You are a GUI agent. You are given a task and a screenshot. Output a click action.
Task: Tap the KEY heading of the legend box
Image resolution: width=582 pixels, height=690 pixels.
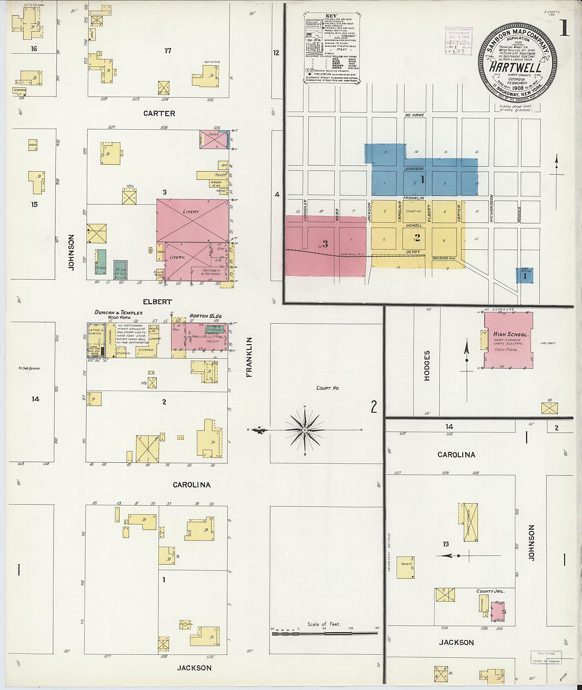(331, 16)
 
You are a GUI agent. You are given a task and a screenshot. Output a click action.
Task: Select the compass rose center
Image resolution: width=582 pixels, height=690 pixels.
(305, 430)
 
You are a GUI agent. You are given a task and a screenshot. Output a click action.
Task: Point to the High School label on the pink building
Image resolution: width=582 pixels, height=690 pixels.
(511, 334)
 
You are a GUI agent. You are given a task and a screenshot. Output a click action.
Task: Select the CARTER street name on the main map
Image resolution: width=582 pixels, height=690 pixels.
(159, 113)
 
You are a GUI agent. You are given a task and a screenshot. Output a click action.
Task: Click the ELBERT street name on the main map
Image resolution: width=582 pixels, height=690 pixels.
(157, 301)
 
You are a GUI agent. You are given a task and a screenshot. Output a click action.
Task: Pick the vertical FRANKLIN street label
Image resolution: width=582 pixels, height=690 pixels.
(249, 357)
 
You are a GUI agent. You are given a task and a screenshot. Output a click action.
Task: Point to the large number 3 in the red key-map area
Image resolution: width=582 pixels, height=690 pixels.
(325, 244)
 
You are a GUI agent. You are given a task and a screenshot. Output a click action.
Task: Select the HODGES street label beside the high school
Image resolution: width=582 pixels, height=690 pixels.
(427, 365)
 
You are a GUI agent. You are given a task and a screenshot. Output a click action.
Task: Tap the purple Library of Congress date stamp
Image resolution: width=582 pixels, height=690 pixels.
(459, 40)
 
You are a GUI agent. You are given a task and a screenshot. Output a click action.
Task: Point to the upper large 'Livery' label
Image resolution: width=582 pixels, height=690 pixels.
(191, 211)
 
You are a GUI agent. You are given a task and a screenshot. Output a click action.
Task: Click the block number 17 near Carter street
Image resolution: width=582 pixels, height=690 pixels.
(168, 51)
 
